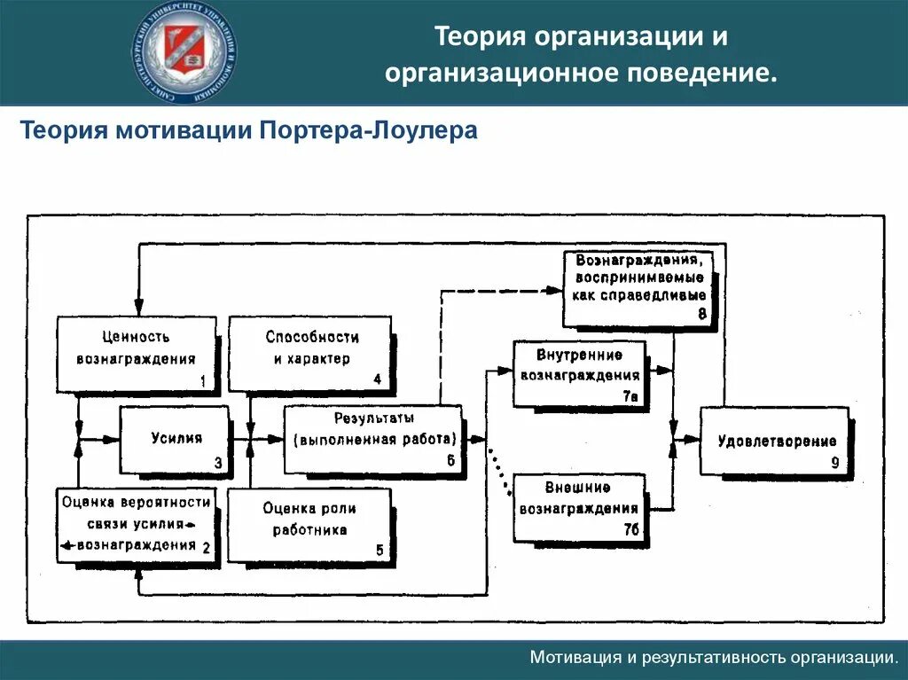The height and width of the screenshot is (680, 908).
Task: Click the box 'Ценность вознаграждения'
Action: point(136,354)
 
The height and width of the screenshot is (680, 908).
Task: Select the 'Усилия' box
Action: point(175,439)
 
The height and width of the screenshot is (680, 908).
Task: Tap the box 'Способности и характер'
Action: point(311,354)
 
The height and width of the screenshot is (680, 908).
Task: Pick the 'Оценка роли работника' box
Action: point(309,524)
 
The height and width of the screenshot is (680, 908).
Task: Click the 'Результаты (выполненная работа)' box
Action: point(372,439)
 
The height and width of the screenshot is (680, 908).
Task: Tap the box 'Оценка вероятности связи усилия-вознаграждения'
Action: point(136,524)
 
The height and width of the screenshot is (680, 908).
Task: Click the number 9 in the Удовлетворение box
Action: point(834,462)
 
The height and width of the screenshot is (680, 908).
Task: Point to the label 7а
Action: point(630,397)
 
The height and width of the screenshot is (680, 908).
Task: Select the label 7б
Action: point(630,530)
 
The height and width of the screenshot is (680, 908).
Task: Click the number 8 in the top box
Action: point(701,314)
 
